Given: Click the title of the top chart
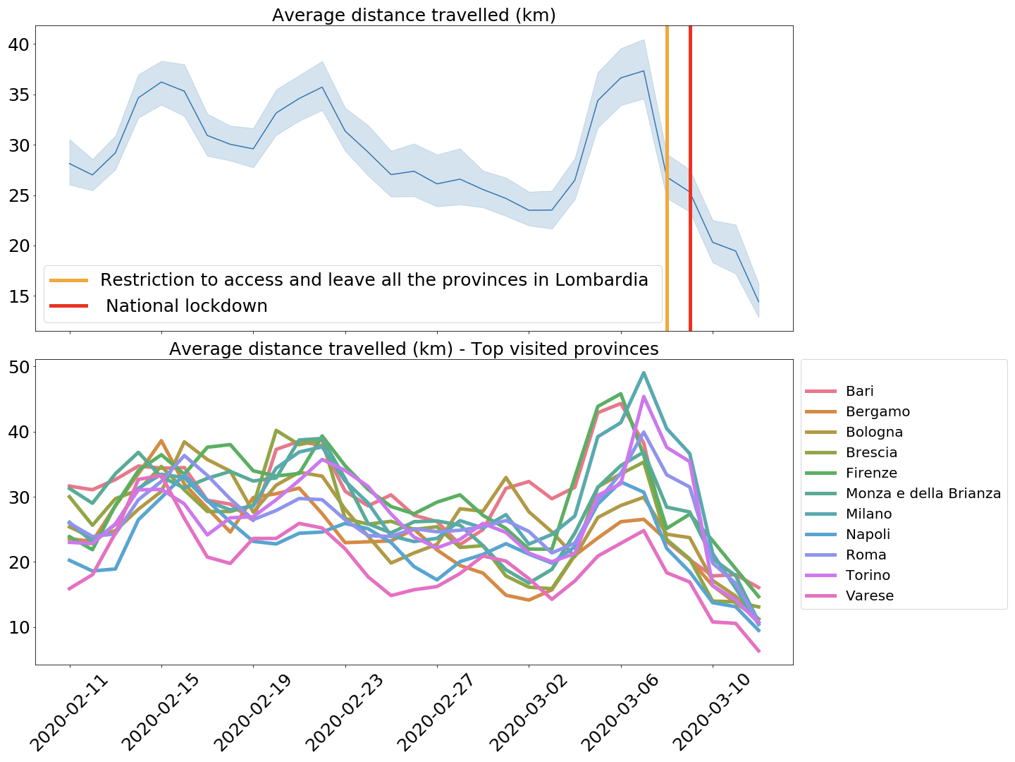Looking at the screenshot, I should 414,16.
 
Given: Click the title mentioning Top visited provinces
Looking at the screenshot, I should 414,349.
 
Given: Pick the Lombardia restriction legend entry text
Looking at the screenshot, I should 374,280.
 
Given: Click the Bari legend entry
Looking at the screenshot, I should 859,392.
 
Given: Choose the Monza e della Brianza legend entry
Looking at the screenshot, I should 923,494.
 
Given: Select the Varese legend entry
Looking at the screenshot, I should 869,596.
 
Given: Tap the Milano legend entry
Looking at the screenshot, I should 868,514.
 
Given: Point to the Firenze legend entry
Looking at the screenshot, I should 871,473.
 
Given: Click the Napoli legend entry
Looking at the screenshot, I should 868,535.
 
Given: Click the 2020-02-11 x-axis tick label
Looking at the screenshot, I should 71,713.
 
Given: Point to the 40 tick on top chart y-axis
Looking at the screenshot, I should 19,44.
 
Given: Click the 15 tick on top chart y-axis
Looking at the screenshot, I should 19,296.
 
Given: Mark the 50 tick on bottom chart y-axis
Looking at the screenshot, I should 19,367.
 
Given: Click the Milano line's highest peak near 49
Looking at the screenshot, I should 644,373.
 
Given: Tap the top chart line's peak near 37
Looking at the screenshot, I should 644,71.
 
